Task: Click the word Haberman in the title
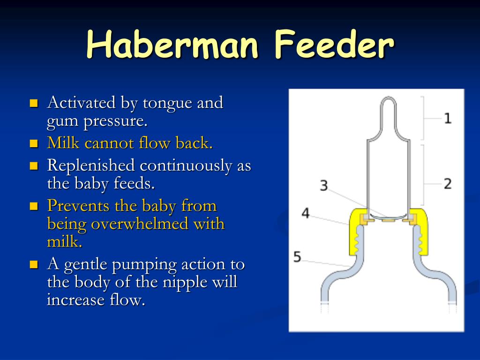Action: (172, 45)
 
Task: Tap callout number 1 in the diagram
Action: (448, 118)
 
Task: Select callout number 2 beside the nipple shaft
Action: (448, 184)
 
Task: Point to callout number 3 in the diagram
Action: (324, 186)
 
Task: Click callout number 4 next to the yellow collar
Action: (306, 213)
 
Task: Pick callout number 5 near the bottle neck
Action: (297, 256)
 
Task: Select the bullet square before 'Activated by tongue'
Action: (34, 103)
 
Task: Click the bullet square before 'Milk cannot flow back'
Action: (34, 143)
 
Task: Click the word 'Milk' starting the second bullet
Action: (63, 142)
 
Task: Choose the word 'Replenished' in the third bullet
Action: (91, 165)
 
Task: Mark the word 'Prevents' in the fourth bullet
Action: (78, 206)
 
